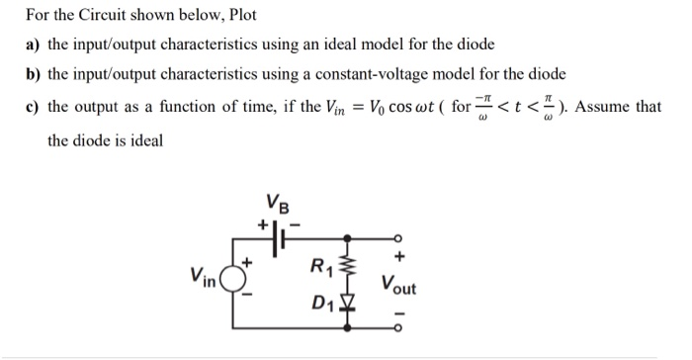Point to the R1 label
320,265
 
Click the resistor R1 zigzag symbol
346,261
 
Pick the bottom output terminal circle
395,325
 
